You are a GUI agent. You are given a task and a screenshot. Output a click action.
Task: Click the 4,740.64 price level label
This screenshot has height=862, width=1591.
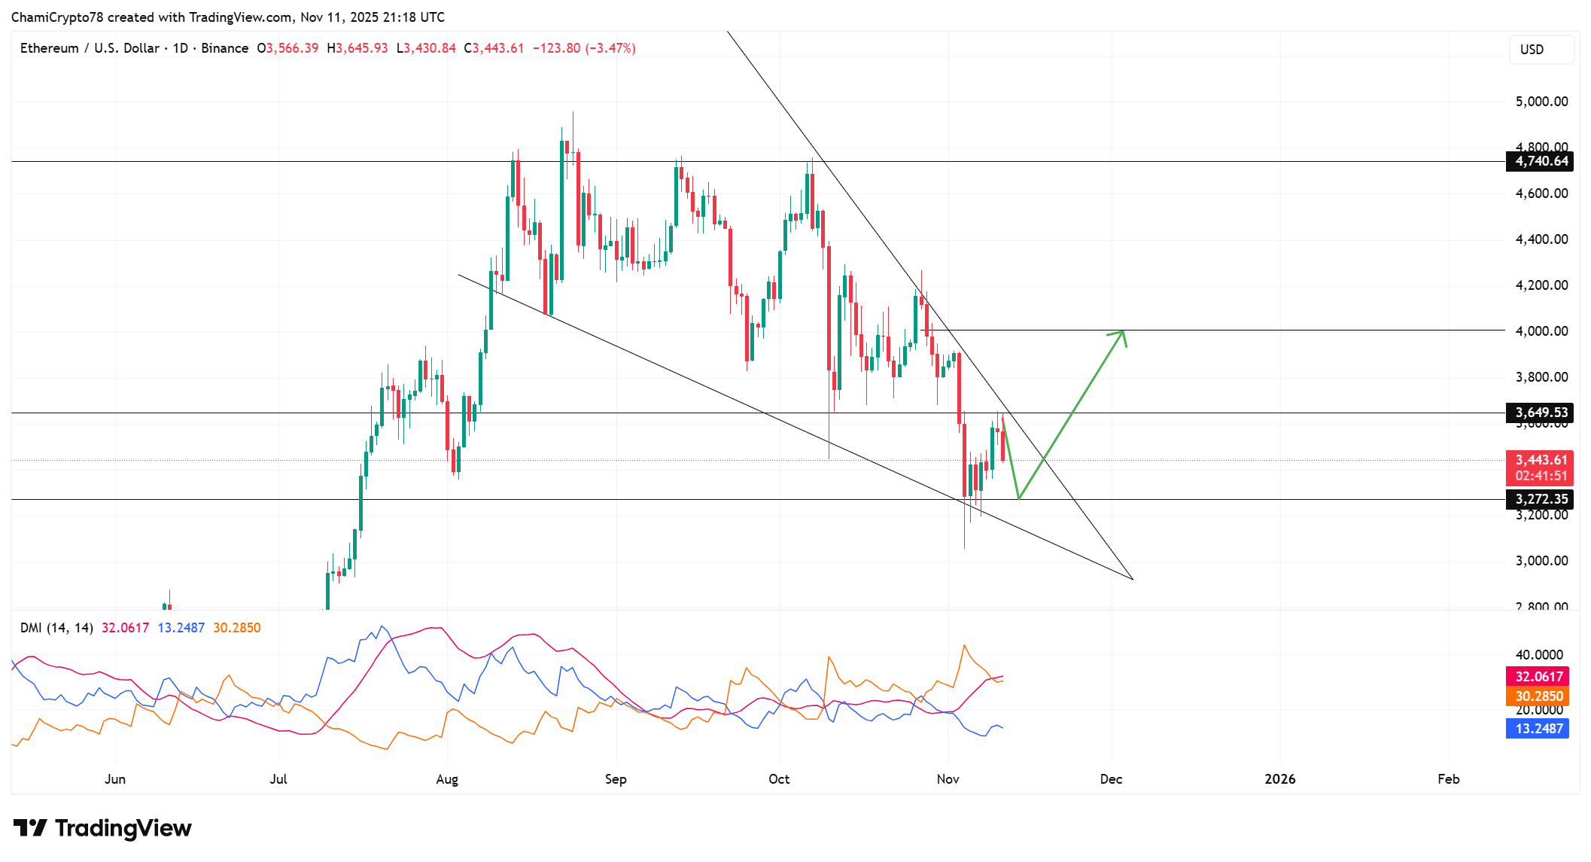pyautogui.click(x=1540, y=161)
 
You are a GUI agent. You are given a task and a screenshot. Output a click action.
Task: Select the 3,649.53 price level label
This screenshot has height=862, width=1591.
pyautogui.click(x=1540, y=413)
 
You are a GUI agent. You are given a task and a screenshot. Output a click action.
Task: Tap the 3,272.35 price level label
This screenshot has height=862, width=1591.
pyautogui.click(x=1540, y=499)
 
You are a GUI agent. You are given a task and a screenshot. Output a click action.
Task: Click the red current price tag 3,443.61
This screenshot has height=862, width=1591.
pyautogui.click(x=1540, y=460)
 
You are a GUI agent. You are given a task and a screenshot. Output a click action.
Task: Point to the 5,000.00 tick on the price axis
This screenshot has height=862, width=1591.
pyautogui.click(x=1541, y=102)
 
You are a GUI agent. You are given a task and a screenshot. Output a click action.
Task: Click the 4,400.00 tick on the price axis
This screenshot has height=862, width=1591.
pyautogui.click(x=1541, y=239)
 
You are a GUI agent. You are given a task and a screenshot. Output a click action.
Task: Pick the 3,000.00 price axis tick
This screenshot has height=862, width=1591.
pyautogui.click(x=1541, y=561)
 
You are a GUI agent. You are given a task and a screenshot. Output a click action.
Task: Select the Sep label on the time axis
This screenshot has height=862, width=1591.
pyautogui.click(x=616, y=779)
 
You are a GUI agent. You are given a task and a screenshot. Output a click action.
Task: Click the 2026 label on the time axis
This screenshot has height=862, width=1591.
pyautogui.click(x=1279, y=779)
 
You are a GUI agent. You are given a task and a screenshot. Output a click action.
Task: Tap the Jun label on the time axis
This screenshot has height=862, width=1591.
pyautogui.click(x=115, y=779)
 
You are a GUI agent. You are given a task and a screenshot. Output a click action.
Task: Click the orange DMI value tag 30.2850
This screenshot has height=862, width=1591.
pyautogui.click(x=1538, y=696)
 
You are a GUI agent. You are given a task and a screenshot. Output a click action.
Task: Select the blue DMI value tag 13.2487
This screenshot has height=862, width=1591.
pyautogui.click(x=1538, y=729)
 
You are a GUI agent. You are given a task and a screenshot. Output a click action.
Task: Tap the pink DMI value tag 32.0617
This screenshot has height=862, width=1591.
pyautogui.click(x=1538, y=677)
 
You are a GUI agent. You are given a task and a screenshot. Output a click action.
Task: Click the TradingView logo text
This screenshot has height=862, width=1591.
pyautogui.click(x=103, y=828)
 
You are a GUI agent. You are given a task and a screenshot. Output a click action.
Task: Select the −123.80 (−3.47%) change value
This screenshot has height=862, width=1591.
pyautogui.click(x=584, y=48)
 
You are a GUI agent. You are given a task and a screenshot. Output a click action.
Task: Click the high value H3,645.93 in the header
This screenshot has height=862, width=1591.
pyautogui.click(x=357, y=48)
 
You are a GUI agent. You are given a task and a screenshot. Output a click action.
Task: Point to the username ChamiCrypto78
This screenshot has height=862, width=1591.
pyautogui.click(x=57, y=17)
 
